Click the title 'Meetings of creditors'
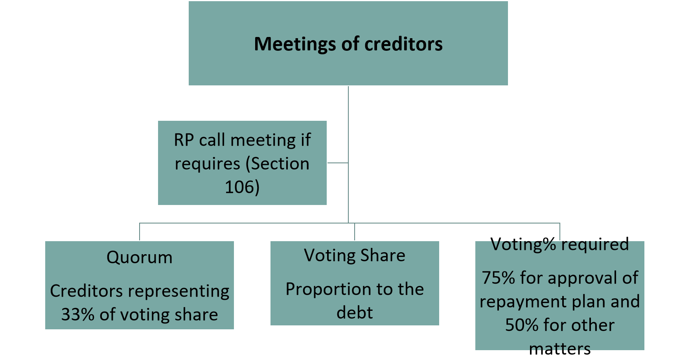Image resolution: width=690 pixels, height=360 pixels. [348, 44]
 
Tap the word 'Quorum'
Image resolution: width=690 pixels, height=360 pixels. [140, 258]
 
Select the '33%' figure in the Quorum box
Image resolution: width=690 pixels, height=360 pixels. [78, 314]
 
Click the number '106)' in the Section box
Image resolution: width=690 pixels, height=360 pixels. [242, 187]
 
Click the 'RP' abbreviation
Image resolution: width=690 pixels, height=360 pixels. [184, 140]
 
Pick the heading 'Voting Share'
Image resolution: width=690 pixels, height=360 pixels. [355, 256]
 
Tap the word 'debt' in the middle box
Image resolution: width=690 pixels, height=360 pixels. [355, 313]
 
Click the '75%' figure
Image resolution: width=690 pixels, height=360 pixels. [499, 278]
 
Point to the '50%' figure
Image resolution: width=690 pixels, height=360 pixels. [522, 325]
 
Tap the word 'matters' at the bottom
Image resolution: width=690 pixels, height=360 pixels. [560, 349]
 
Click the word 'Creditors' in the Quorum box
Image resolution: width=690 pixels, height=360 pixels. [86, 291]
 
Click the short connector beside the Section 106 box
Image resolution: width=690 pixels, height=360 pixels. [338, 162]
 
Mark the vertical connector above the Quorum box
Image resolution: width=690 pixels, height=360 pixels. [140, 232]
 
